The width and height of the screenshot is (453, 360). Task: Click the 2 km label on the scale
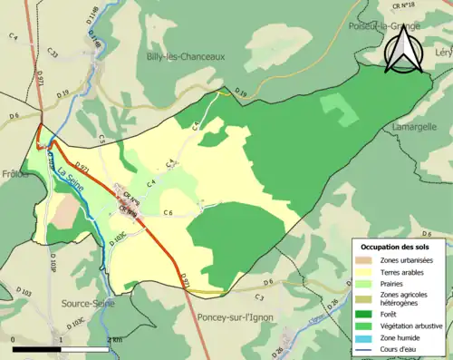(x=112, y=339)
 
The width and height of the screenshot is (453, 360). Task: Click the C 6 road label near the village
(x=168, y=212)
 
